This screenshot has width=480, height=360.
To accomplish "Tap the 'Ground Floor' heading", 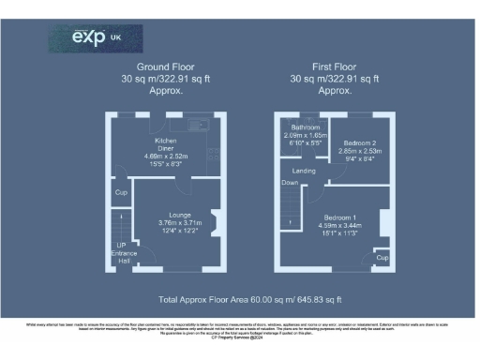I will click(x=165, y=67).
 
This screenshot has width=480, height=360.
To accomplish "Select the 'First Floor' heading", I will click(x=335, y=67).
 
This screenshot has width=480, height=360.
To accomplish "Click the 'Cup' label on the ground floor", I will click(x=121, y=193).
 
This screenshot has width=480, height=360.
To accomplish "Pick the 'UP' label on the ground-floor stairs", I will click(x=121, y=246).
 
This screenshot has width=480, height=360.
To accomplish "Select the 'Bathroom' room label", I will click(x=305, y=127).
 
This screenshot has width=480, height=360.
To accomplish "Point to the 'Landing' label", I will click(x=303, y=172).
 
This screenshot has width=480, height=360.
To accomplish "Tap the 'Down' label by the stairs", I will click(x=291, y=184).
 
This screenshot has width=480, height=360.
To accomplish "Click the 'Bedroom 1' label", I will click(x=339, y=217).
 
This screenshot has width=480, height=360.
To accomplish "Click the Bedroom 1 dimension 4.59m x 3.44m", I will click(x=339, y=225).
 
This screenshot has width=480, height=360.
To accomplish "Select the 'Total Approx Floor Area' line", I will click(x=249, y=299).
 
